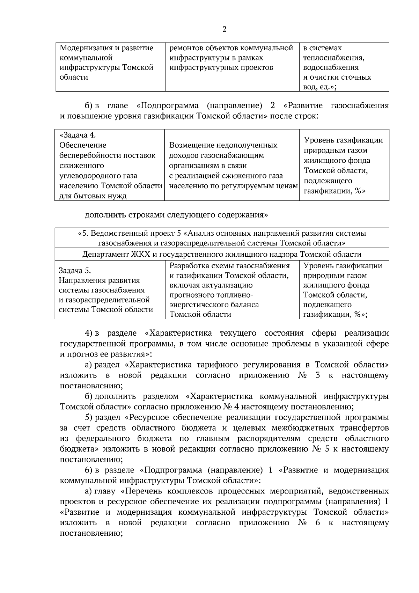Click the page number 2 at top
click(x=225, y=29)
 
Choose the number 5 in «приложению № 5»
click(x=327, y=449)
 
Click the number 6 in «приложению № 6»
click(x=317, y=523)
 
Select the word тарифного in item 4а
click(x=213, y=365)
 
